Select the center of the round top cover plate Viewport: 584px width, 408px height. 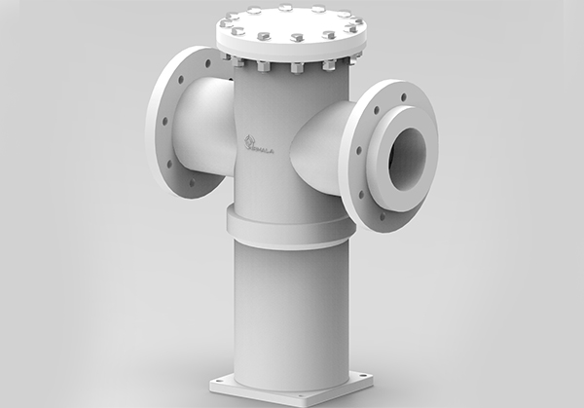pyautogui.click(x=289, y=23)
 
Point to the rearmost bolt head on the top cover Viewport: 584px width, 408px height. pyautogui.click(x=286, y=8)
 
